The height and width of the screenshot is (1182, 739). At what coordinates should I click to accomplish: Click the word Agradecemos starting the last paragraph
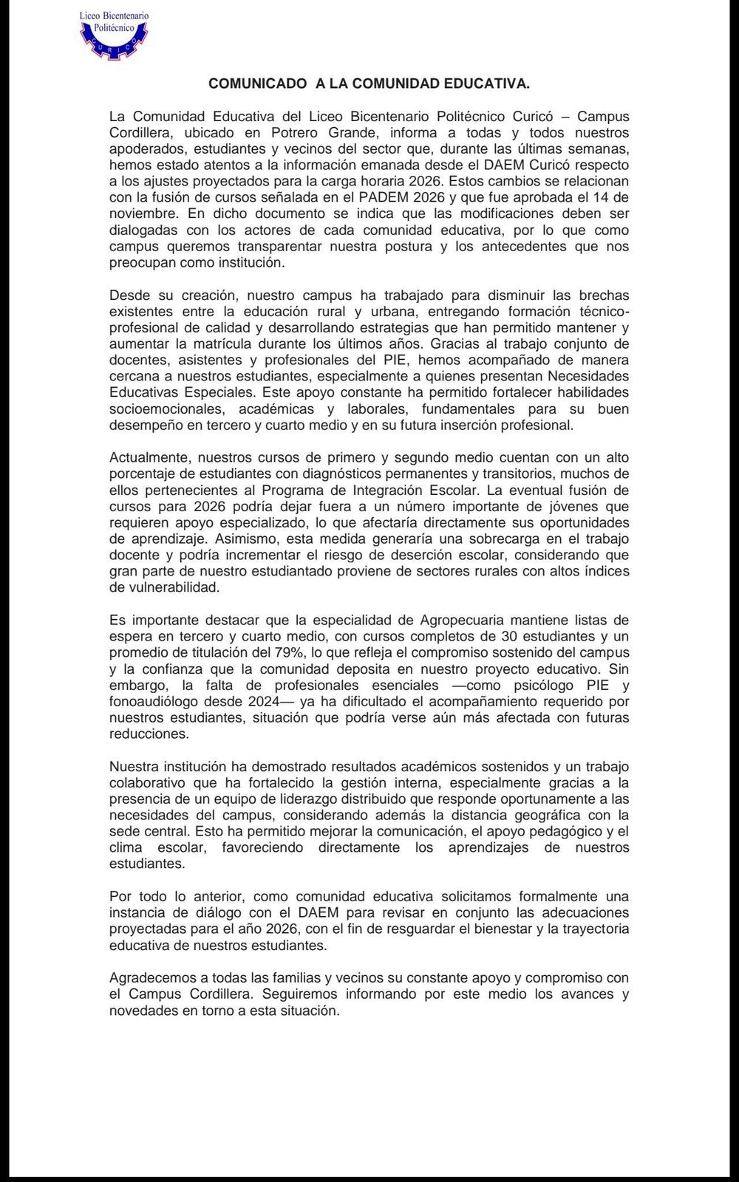click(152, 977)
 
